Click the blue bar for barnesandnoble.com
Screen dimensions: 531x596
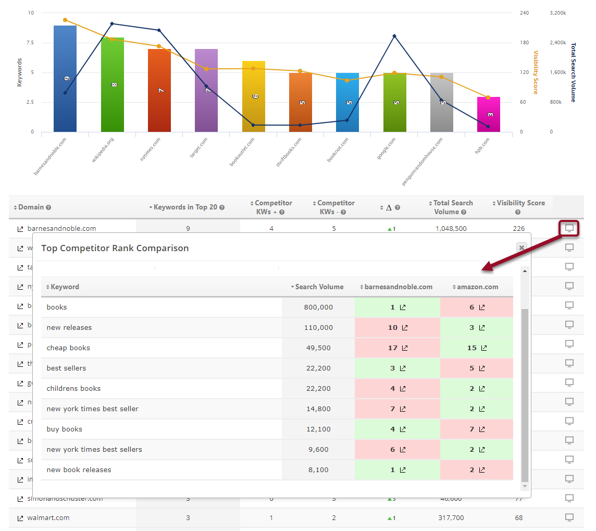[x=65, y=78]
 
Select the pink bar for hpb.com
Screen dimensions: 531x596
[x=488, y=115]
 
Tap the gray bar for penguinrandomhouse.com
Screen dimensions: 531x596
[x=441, y=102]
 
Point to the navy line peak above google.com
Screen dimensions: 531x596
[x=394, y=36]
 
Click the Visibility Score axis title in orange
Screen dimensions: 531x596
[x=536, y=72]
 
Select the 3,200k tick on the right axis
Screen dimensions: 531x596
[x=558, y=13]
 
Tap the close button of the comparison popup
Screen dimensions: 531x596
[x=521, y=248]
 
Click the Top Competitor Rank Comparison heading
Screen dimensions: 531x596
[x=115, y=248]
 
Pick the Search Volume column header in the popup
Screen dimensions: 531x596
[x=319, y=287]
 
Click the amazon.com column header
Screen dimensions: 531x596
[x=476, y=287]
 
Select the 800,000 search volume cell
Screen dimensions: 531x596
[x=318, y=307]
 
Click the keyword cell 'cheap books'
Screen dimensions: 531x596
[x=68, y=348]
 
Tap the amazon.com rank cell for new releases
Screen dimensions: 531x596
[x=476, y=328]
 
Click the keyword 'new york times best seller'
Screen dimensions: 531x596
[x=93, y=409]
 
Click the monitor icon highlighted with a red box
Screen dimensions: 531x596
[x=569, y=228]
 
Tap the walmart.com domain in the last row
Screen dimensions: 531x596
[x=48, y=518]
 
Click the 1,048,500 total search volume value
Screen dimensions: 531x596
[x=451, y=229]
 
